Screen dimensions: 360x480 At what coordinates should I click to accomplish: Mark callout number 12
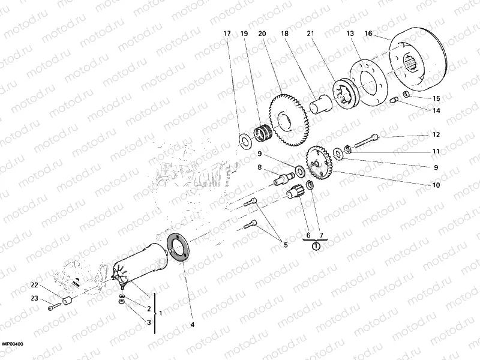click(436, 134)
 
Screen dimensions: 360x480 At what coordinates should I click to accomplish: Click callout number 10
click(436, 186)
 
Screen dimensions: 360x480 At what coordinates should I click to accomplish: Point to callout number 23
click(34, 298)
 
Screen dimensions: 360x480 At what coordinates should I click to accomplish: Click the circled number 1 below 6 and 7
click(316, 245)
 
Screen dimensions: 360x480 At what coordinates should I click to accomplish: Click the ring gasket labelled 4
click(179, 247)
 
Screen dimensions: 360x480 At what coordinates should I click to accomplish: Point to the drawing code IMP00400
click(11, 344)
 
